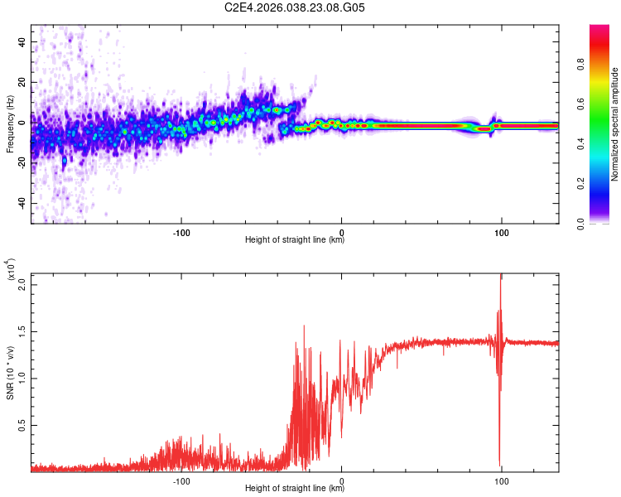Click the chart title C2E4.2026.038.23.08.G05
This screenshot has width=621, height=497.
tap(296, 8)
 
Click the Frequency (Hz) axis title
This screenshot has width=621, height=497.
tap(10, 124)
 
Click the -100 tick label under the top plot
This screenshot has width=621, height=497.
tap(181, 232)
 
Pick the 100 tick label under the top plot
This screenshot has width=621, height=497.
tap(501, 232)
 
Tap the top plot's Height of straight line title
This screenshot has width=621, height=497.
tap(295, 240)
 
